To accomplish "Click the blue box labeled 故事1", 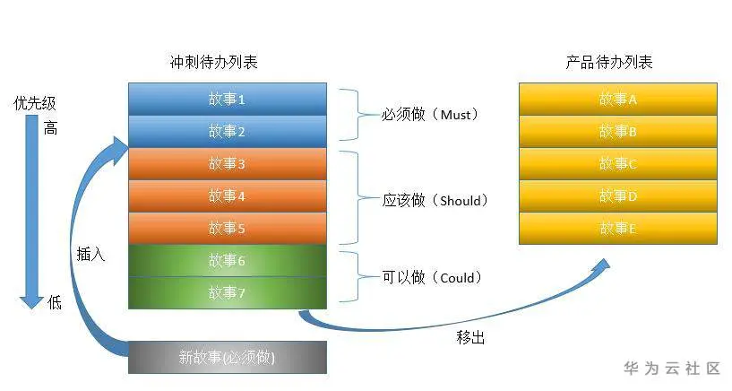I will click(227, 99).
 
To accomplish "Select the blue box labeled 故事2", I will click(227, 131).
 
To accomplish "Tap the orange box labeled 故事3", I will click(227, 163).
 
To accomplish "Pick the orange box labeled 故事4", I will click(227, 195).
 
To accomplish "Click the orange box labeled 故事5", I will click(227, 228).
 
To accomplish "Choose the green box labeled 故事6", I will click(227, 260).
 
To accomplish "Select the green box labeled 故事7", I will click(227, 292).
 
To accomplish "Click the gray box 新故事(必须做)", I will click(227, 357).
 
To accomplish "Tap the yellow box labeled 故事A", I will click(618, 99).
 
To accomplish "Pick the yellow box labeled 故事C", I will click(618, 163).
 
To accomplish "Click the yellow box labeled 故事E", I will click(618, 228).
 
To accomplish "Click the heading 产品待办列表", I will click(609, 63).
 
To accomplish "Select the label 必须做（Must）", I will click(431, 115).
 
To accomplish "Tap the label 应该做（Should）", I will click(435, 200).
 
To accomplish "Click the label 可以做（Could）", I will click(432, 278).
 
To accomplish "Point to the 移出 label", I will click(471, 338).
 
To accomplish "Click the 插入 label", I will click(90, 254).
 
